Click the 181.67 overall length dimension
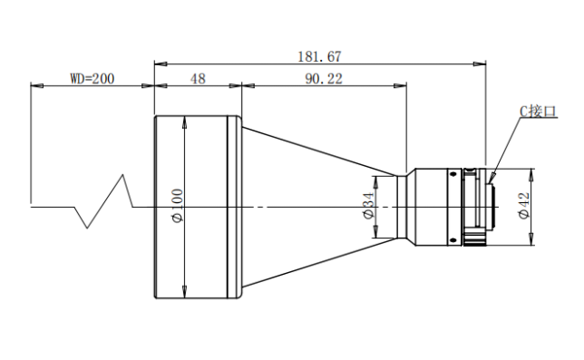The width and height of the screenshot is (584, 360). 319,56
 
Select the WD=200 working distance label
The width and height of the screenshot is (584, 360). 92,79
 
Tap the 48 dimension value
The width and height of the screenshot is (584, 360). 198,79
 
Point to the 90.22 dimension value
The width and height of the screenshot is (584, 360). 324,79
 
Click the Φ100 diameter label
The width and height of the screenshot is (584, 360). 178,206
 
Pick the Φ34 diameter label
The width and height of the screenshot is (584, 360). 368,206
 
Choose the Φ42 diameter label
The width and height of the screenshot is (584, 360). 524,206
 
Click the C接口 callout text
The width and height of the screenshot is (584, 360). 538,112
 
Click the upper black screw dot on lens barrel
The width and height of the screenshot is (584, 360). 453,174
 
